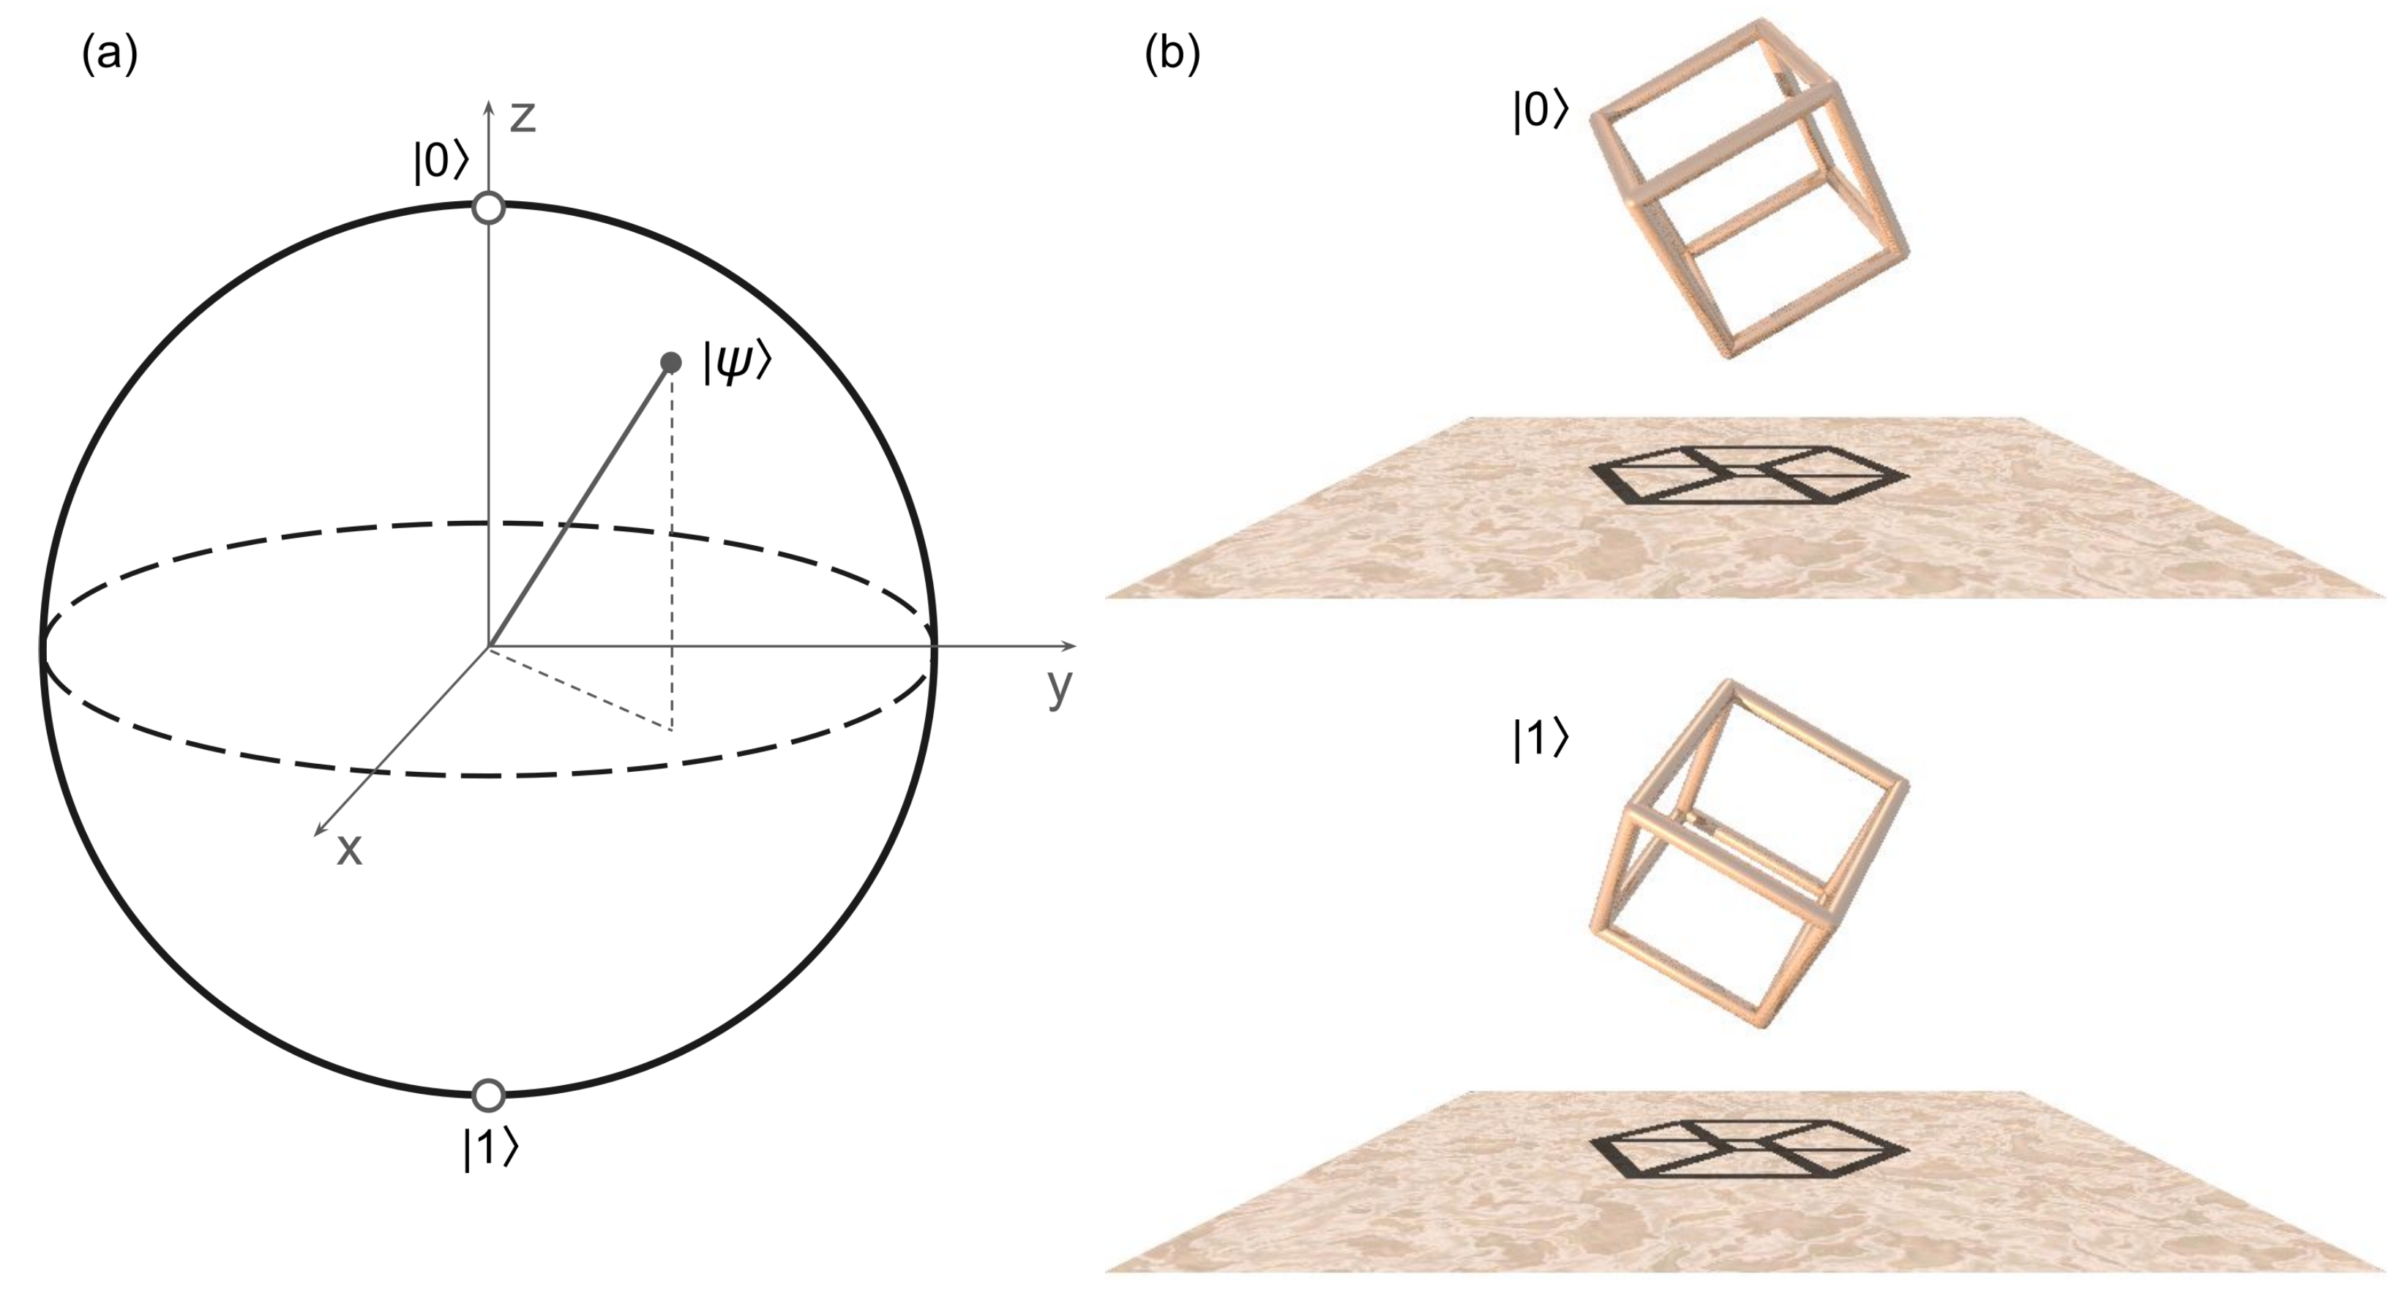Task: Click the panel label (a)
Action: (109, 56)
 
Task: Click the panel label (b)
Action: (1172, 56)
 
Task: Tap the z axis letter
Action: (523, 118)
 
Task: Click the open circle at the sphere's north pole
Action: (489, 208)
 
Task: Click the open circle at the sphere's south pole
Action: (489, 1094)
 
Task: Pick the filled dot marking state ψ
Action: (670, 361)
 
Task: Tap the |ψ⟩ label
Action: (737, 361)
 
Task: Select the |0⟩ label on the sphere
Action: (440, 162)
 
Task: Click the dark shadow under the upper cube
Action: (1748, 475)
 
